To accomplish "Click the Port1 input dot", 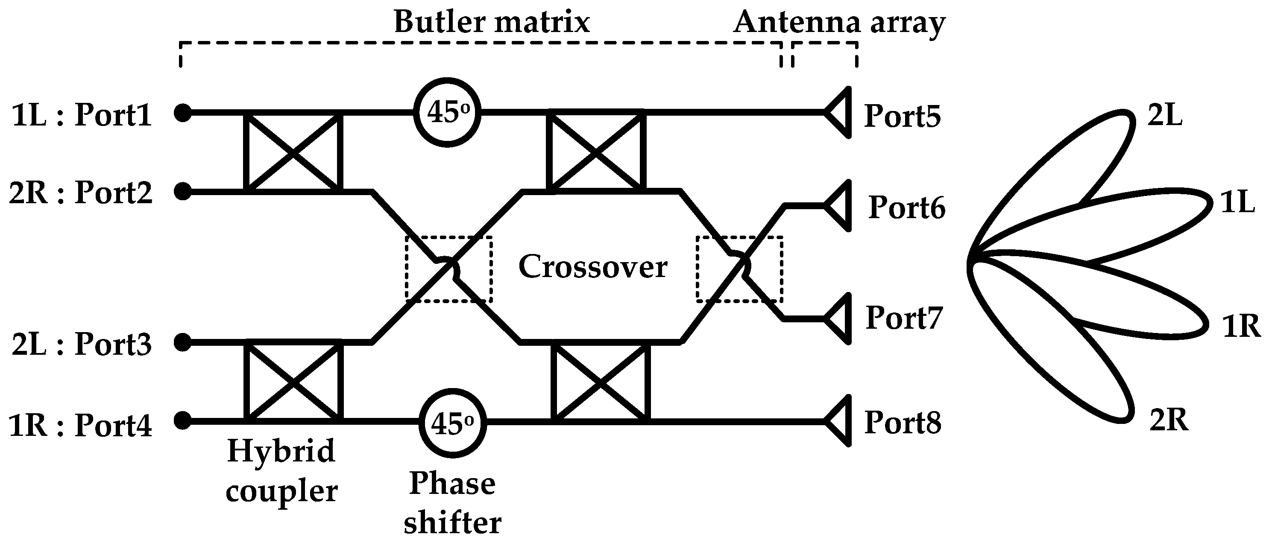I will tap(183, 113).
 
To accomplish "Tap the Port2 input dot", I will tap(183, 191).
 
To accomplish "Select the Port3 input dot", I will tap(183, 342).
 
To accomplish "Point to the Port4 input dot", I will tap(183, 420).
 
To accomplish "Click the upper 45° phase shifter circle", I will tap(447, 113).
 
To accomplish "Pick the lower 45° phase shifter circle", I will tap(452, 423).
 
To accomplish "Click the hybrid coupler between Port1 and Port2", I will tap(293, 152).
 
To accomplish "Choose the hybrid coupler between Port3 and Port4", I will tap(293, 381).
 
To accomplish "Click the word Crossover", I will tap(592, 267).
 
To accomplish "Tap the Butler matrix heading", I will tap(492, 22).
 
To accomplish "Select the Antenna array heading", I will tap(839, 22).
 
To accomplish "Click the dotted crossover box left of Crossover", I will tap(448, 269).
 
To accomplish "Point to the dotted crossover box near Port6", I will tap(739, 269).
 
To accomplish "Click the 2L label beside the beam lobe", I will tap(1165, 117).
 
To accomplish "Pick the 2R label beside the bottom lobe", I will tap(1169, 420).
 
